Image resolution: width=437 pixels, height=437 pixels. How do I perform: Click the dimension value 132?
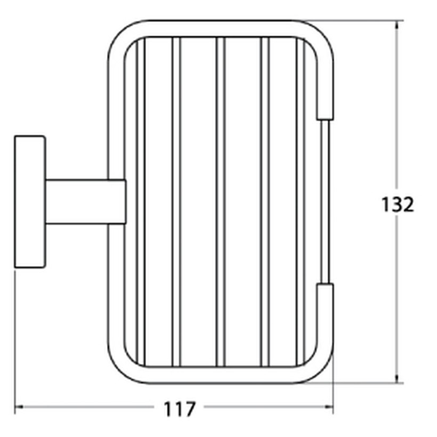tap(398, 205)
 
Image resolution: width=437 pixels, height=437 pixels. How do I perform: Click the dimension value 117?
tap(180, 409)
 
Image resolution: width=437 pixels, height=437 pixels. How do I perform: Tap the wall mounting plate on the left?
tap(30, 202)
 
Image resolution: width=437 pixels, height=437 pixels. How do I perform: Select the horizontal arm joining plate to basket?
tap(86, 202)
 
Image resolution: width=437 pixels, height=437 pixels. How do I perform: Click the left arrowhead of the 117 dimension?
tap(19, 407)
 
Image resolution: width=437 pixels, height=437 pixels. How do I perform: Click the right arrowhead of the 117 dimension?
tap(329, 407)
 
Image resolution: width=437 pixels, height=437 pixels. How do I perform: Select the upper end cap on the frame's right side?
tap(325, 110)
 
